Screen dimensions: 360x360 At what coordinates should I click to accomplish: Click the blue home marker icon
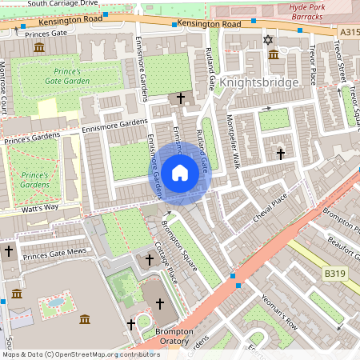(180, 172)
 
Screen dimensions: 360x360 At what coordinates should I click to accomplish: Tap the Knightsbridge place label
(258, 82)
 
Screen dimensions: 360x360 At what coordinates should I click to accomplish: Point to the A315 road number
(348, 31)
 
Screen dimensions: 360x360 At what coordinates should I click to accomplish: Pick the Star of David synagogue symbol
(267, 39)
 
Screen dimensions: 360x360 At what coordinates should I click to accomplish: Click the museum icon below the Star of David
(274, 54)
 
